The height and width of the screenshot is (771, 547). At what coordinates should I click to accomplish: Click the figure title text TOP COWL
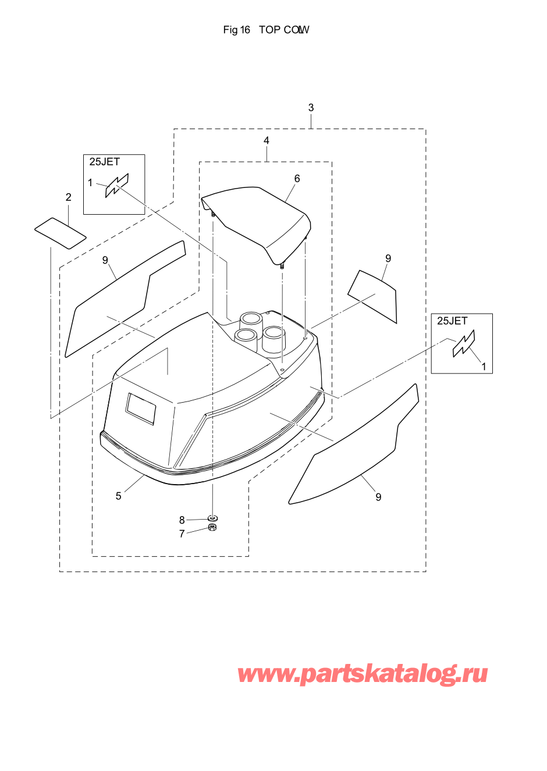tap(284, 30)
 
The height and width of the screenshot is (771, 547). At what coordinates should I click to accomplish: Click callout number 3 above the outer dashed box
tap(311, 108)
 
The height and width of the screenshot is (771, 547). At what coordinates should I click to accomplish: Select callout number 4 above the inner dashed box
tap(266, 140)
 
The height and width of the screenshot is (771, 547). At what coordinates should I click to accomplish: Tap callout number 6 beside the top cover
tap(297, 179)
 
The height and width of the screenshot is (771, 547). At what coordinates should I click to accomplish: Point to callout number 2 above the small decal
tap(69, 197)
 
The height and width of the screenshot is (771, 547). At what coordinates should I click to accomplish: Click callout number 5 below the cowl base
tap(118, 496)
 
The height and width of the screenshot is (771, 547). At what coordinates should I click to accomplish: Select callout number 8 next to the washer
tap(182, 520)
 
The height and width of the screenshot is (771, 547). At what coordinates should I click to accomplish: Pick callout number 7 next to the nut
tap(182, 534)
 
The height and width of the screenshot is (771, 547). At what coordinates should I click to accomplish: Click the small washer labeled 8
tap(213, 518)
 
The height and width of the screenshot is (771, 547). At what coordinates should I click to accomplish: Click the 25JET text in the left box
tap(104, 162)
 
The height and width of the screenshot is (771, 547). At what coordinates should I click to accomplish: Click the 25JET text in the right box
tap(452, 321)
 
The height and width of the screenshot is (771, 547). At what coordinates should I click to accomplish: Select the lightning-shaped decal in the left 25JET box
tap(117, 186)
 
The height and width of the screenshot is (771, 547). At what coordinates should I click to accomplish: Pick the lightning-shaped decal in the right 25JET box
tap(464, 344)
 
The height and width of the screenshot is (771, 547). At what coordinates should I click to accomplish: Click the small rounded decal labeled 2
tap(61, 233)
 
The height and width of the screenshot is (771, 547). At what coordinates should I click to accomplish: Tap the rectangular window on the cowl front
tap(140, 408)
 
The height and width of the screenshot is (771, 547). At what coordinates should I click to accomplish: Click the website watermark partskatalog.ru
tap(363, 673)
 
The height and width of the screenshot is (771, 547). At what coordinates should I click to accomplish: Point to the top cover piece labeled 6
tap(257, 224)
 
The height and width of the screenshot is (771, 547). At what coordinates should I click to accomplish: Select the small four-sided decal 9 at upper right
tap(372, 297)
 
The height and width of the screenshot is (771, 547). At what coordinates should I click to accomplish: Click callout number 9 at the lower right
tap(378, 497)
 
